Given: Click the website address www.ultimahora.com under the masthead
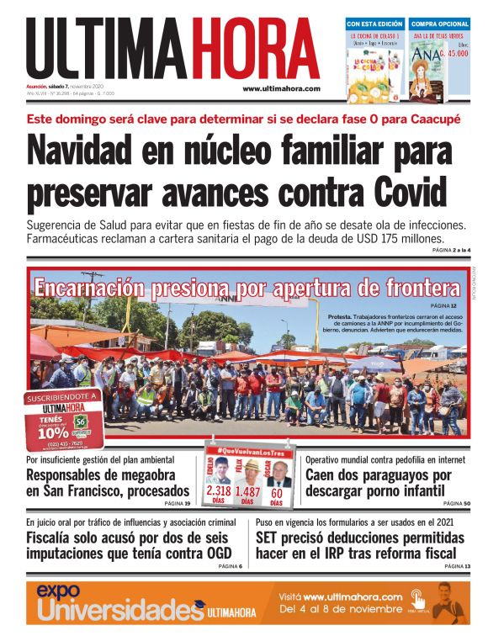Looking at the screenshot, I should point(281,88).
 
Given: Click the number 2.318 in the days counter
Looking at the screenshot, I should point(219,491).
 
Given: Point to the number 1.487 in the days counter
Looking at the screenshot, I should point(247,491).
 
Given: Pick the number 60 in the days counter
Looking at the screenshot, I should point(276,491).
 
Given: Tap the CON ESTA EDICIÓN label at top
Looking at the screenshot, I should point(375,24).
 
